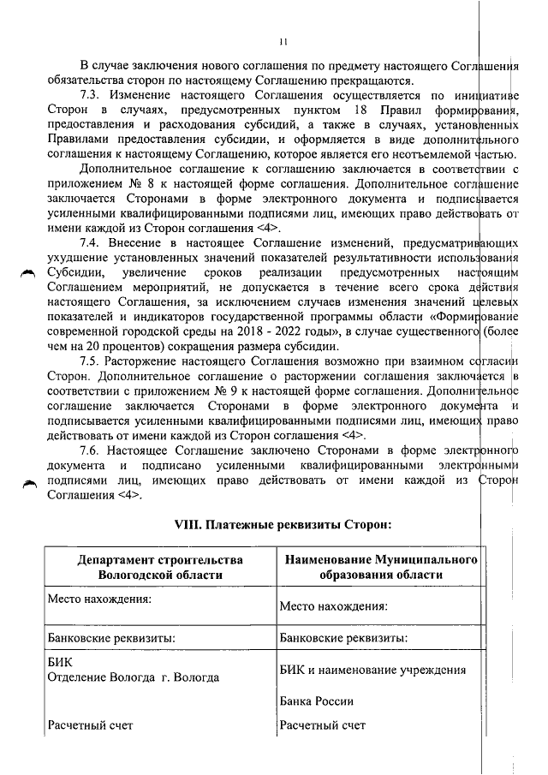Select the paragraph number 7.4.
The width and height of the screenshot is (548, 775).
92,242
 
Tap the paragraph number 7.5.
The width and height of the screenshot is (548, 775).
92,361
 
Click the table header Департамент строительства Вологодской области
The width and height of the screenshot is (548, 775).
160,567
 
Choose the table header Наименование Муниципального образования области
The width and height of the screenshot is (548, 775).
378,567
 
